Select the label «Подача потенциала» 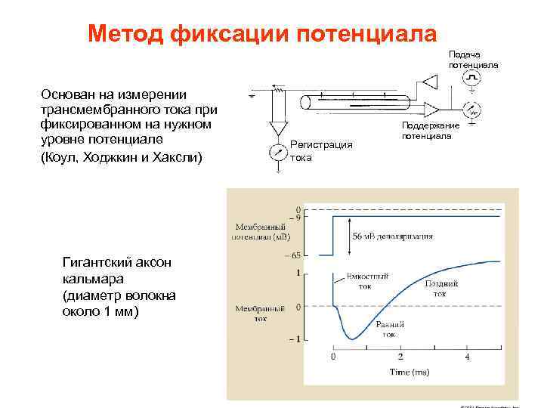473,60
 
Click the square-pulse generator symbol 472,79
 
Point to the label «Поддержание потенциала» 431,130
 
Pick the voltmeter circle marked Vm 473,110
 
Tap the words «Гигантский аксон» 117,262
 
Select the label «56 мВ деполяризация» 393,236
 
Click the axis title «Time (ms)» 410,372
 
